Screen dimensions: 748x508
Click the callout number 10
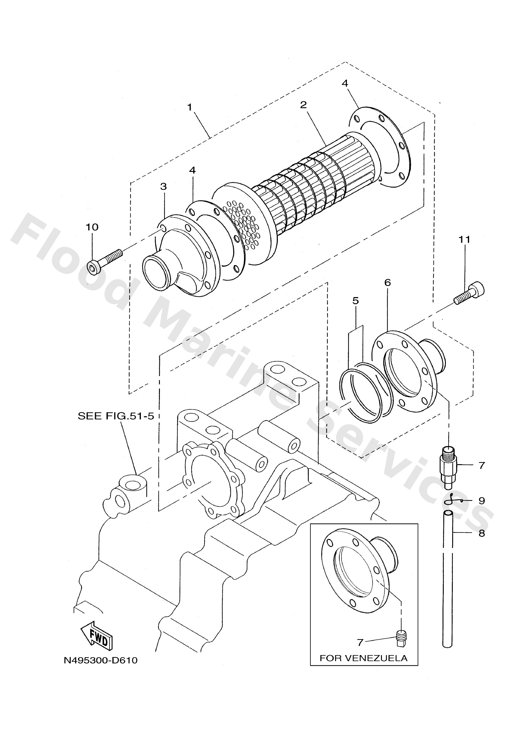[92, 227]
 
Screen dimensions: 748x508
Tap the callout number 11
[464, 239]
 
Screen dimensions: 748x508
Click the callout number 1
[190, 107]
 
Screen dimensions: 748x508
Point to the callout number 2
[303, 105]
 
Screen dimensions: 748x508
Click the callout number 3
[164, 186]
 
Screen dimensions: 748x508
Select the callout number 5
[355, 301]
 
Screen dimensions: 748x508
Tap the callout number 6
[388, 283]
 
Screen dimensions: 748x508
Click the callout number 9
[481, 501]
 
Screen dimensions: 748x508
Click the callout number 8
[481, 533]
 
